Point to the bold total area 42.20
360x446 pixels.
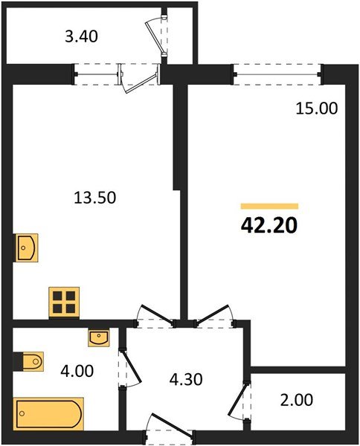(269, 224)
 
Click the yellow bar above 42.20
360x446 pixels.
(269, 206)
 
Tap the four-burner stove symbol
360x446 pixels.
(64, 301)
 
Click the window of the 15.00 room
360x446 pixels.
(277, 73)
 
